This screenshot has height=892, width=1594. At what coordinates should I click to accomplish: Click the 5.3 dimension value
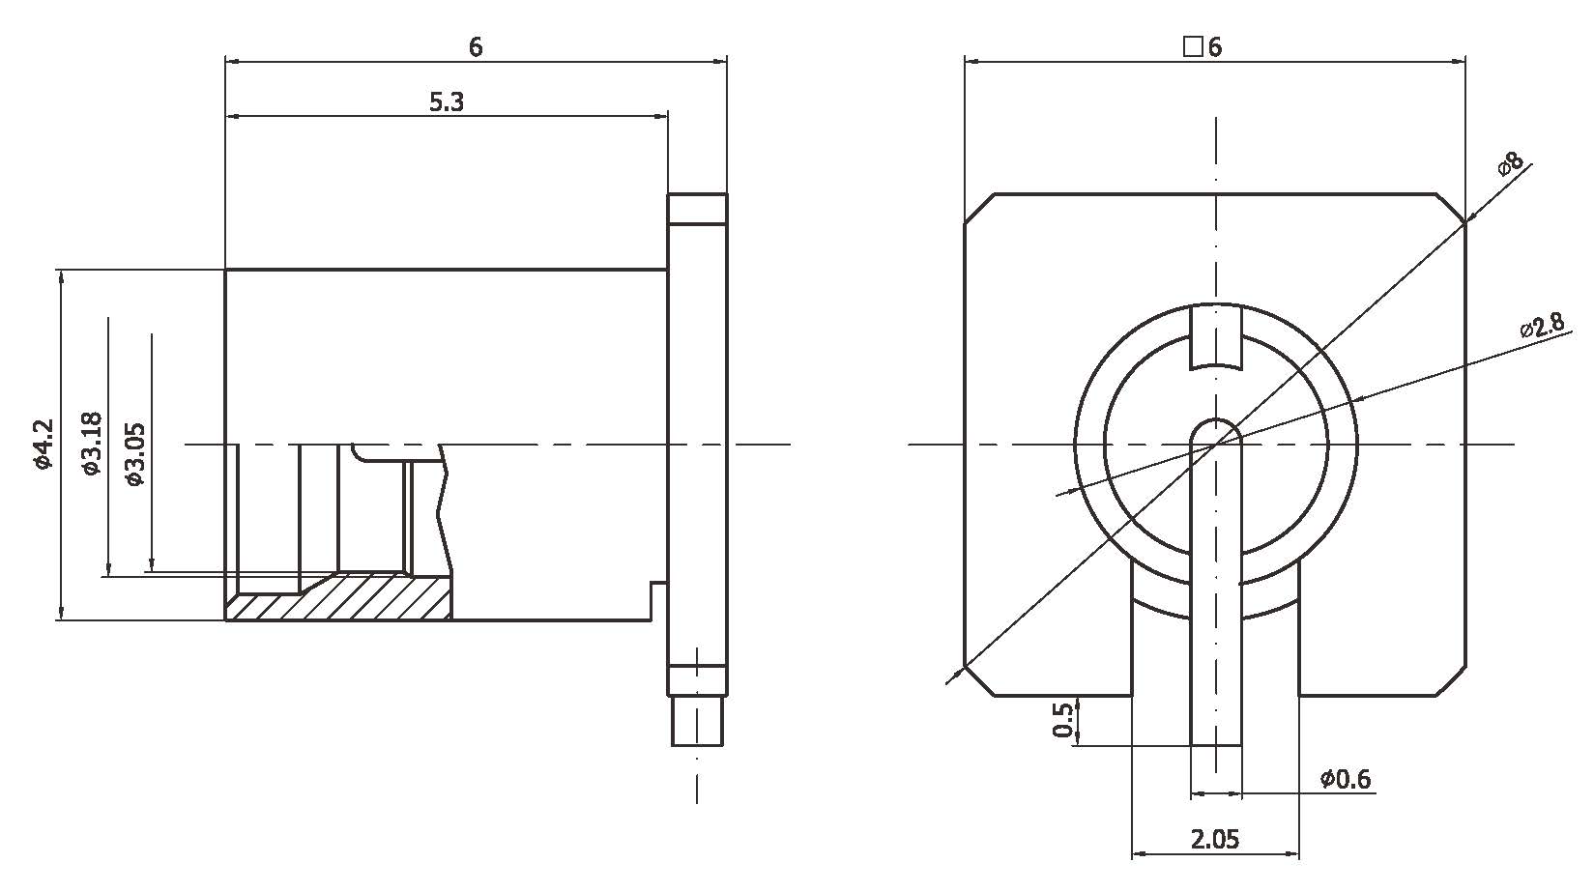click(x=446, y=102)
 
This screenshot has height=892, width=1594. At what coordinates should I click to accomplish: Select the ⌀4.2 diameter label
click(x=42, y=445)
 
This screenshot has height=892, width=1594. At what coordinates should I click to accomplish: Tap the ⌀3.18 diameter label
click(x=91, y=444)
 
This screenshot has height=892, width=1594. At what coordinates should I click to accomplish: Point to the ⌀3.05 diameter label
click(x=134, y=453)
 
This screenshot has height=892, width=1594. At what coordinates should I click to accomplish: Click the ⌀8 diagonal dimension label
click(x=1510, y=162)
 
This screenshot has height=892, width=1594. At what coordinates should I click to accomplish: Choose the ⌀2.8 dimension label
click(x=1541, y=326)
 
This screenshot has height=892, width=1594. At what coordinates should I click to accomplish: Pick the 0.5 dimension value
click(x=1062, y=721)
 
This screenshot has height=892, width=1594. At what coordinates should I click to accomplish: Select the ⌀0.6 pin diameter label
click(x=1346, y=779)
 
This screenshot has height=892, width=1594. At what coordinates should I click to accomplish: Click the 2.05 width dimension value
click(x=1214, y=839)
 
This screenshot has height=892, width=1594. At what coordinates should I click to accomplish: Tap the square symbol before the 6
click(x=1192, y=46)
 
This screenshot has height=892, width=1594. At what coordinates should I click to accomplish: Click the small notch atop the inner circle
click(x=1215, y=337)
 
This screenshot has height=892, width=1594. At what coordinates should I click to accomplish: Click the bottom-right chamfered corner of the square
click(x=1451, y=681)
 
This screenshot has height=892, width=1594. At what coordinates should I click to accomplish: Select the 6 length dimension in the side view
click(x=476, y=46)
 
